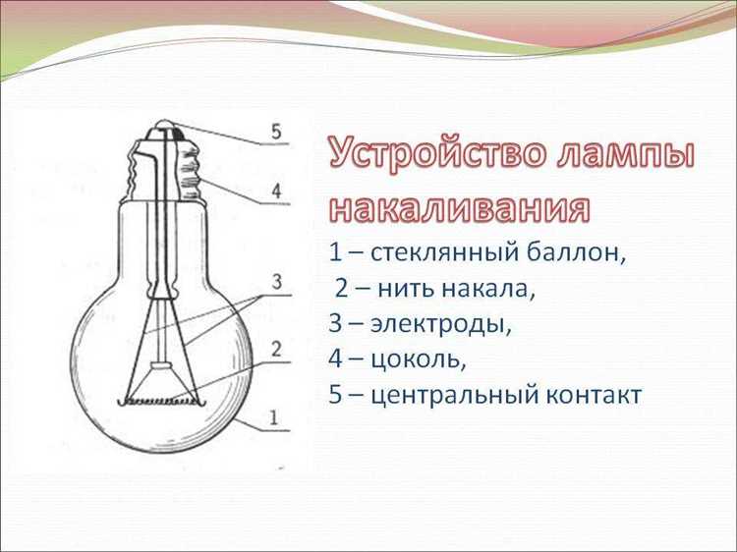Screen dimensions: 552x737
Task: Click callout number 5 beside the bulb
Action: pos(276,131)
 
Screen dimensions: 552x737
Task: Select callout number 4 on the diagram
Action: pos(276,190)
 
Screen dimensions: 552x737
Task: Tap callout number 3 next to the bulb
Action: pos(277,283)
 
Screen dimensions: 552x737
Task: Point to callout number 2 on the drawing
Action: pos(276,348)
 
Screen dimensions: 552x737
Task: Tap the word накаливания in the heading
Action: pos(459,208)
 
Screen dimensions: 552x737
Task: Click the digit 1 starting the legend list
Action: pos(335,252)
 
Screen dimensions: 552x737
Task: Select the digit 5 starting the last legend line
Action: pos(336,395)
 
